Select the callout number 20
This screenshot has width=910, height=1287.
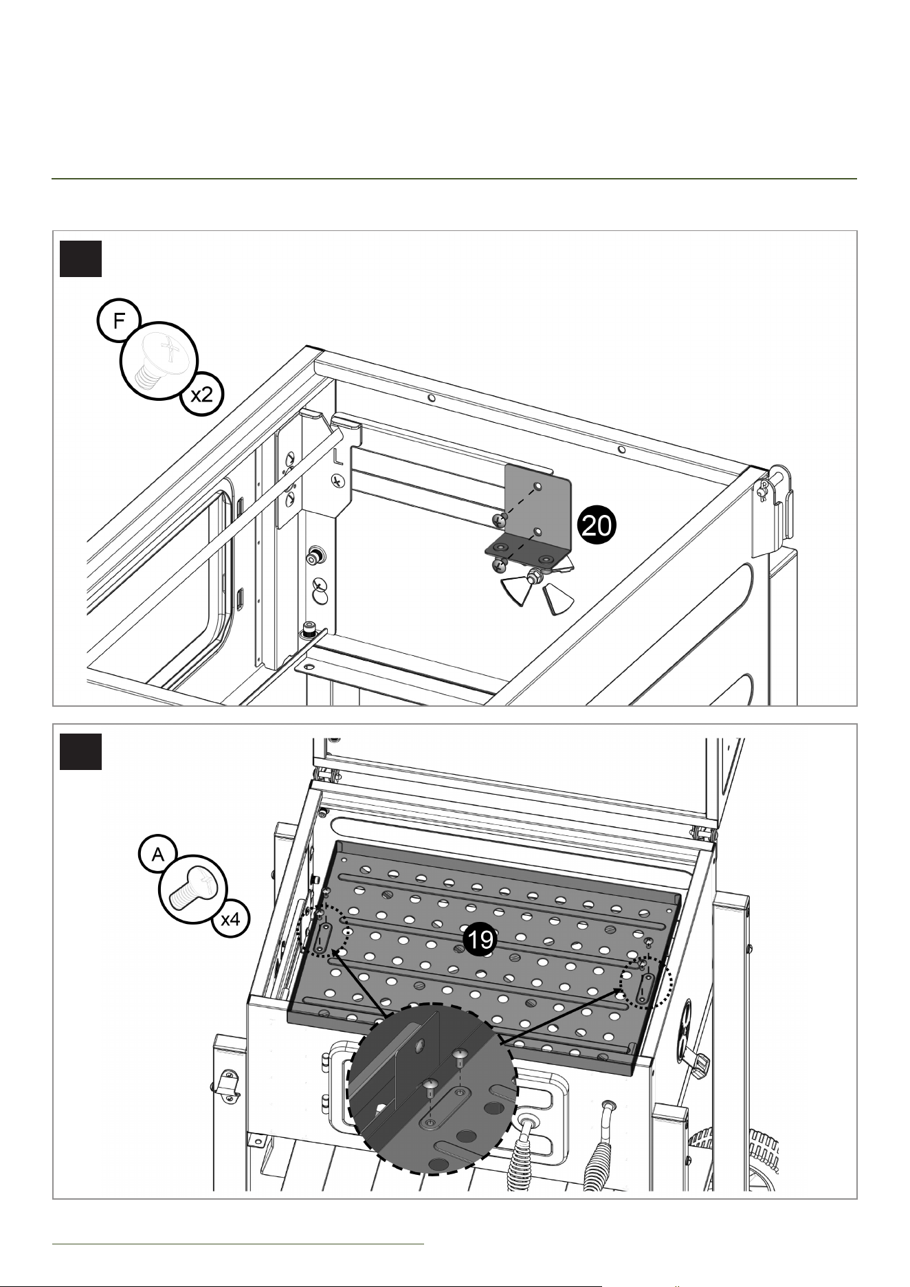pos(596,526)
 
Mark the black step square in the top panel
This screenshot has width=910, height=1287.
pos(80,258)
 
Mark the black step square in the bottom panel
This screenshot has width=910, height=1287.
pos(80,752)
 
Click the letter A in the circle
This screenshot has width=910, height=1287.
pos(158,854)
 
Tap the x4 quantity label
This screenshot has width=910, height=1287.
pos(230,919)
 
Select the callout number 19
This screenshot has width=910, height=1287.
pos(479,940)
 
